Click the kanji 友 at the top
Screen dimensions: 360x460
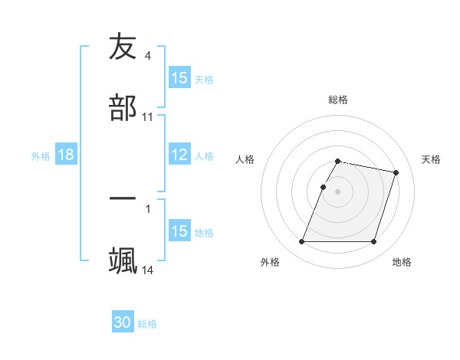[123, 47]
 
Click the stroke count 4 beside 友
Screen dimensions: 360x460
[148, 56]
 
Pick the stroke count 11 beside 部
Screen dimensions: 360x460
[148, 117]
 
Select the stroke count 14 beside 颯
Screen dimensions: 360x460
[148, 270]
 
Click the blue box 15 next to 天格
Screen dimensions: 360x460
[179, 78]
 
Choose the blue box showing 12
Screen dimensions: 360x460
[179, 155]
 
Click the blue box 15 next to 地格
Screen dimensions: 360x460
[179, 231]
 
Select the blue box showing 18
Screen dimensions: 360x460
[66, 155]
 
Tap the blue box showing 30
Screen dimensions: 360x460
[123, 322]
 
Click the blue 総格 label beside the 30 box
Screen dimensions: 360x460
[147, 324]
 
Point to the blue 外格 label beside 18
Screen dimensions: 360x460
[41, 155]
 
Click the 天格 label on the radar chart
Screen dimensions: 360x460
[431, 159]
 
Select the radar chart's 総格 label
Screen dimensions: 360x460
[338, 100]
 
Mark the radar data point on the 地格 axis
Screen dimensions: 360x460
[373, 242]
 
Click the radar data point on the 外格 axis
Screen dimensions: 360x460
[302, 242]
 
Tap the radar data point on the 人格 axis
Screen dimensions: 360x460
[323, 187]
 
